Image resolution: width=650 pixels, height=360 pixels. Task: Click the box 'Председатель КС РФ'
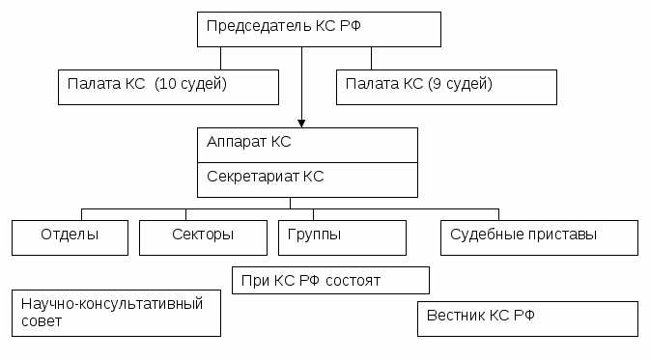click(x=319, y=29)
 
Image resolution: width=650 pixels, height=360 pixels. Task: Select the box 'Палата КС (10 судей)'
click(x=168, y=86)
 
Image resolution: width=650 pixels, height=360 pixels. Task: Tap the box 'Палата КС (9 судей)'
click(x=446, y=86)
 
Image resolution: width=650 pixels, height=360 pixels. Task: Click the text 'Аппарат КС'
click(x=249, y=142)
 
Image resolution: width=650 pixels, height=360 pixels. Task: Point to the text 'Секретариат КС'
click(x=266, y=177)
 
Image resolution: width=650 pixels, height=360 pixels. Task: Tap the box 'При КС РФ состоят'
click(x=330, y=280)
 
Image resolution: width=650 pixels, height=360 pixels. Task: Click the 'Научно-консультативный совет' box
click(x=116, y=313)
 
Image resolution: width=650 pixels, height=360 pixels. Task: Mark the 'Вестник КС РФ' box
click(x=527, y=318)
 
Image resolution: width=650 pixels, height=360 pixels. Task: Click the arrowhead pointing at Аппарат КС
click(x=301, y=123)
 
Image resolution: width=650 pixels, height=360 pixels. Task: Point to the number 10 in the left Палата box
click(x=165, y=84)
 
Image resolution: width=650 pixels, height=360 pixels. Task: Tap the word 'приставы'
click(x=567, y=235)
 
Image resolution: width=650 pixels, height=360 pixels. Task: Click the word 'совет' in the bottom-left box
click(x=42, y=321)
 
